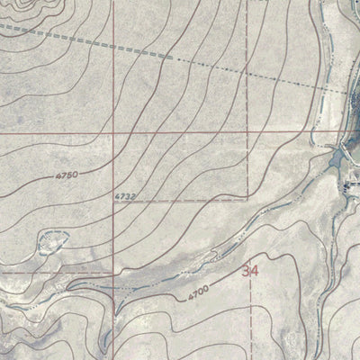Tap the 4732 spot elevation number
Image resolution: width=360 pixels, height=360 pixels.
click(126, 195)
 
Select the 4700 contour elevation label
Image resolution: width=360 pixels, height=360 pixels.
click(199, 292)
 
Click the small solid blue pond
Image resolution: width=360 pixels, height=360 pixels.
click(337, 160)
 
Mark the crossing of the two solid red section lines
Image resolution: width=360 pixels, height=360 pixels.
click(112, 132)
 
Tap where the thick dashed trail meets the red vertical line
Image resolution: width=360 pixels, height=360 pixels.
click(112, 43)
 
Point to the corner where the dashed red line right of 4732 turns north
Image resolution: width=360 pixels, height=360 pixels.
click(248, 198)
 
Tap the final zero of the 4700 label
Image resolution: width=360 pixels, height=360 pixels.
click(207, 289)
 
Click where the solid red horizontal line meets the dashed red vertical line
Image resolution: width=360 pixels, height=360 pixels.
click(248, 132)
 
